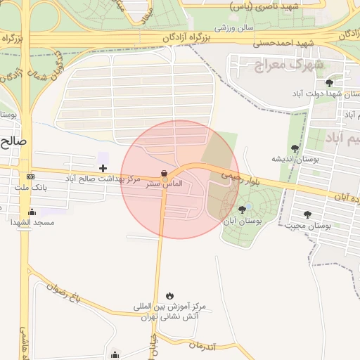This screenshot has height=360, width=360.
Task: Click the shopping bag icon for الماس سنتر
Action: [x=164, y=173]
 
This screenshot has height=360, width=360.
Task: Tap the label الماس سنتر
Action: [x=164, y=184]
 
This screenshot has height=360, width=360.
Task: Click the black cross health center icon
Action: [x=103, y=168]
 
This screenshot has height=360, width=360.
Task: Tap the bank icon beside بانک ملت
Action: [x=30, y=176]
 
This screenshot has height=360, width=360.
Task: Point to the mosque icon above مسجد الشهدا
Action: [x=31, y=212]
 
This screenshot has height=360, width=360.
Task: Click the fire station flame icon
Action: [x=169, y=295]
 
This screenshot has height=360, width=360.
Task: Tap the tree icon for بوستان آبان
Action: [x=242, y=209]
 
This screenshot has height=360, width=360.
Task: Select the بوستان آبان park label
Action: [x=243, y=221]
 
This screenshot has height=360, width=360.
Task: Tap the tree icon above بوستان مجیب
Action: [x=307, y=214]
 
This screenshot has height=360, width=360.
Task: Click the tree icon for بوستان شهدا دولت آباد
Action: [x=329, y=83]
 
